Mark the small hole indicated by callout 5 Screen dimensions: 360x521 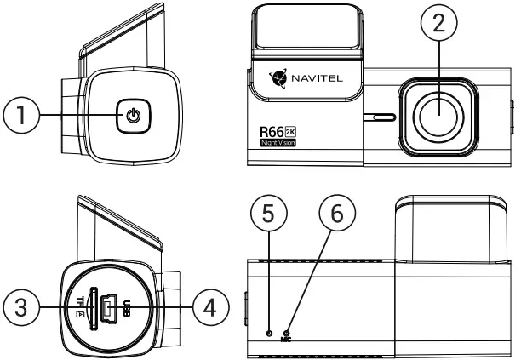270,332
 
